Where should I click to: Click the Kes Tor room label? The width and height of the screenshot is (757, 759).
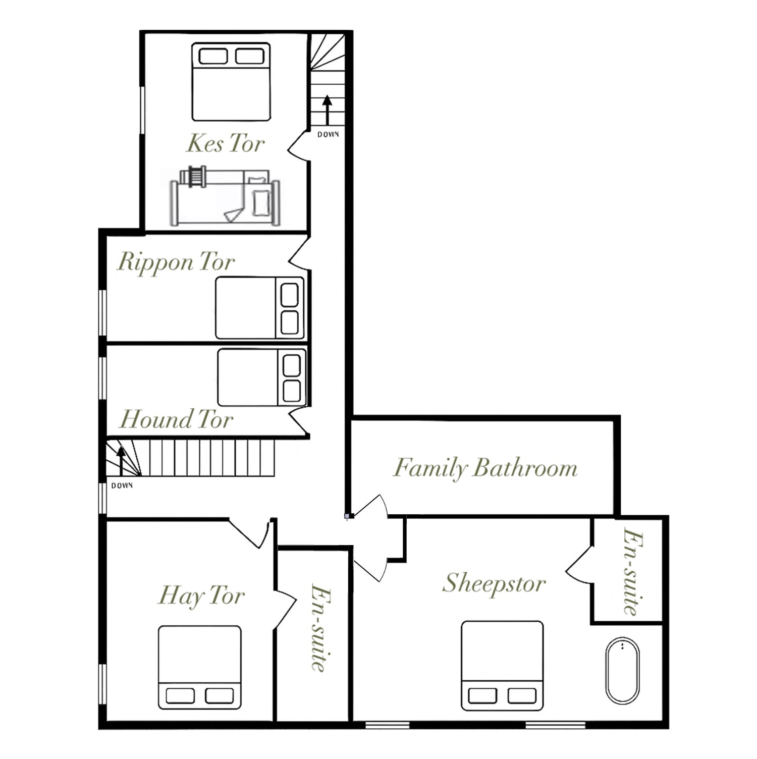226,143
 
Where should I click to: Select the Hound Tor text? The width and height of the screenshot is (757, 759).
176,419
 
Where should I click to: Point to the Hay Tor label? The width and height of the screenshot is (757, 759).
201,596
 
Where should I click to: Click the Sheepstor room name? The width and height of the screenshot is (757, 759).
494,584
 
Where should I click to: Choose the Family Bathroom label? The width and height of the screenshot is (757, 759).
485,468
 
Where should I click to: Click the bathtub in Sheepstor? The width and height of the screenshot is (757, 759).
622,671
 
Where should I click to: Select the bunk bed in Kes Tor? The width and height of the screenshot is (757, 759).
225,196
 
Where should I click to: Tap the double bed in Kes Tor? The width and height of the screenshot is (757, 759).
231,82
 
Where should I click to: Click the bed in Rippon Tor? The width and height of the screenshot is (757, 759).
260,307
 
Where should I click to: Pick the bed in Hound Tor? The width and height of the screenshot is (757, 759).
262,377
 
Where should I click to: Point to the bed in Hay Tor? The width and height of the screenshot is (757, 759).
200,667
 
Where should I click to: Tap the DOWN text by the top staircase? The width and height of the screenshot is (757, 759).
328,135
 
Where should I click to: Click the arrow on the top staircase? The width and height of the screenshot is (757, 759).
327,110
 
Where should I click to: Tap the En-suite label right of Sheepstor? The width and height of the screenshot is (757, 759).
632,571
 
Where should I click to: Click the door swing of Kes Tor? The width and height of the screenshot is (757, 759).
298,146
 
